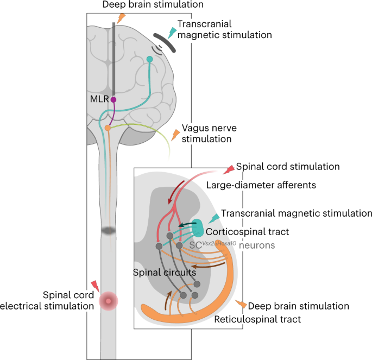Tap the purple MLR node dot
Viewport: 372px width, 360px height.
coord(114,99)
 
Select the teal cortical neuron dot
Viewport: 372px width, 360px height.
coord(150,59)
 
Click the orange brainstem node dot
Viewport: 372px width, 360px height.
coord(108,128)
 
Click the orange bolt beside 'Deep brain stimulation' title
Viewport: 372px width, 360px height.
coord(121,17)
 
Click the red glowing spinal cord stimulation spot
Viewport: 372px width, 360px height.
coord(109,299)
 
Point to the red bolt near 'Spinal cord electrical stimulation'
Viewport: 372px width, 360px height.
coord(95,285)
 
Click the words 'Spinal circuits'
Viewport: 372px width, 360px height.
coord(164,272)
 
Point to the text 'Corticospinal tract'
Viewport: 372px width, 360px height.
coord(250,232)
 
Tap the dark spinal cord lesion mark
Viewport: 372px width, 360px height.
coord(109,231)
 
